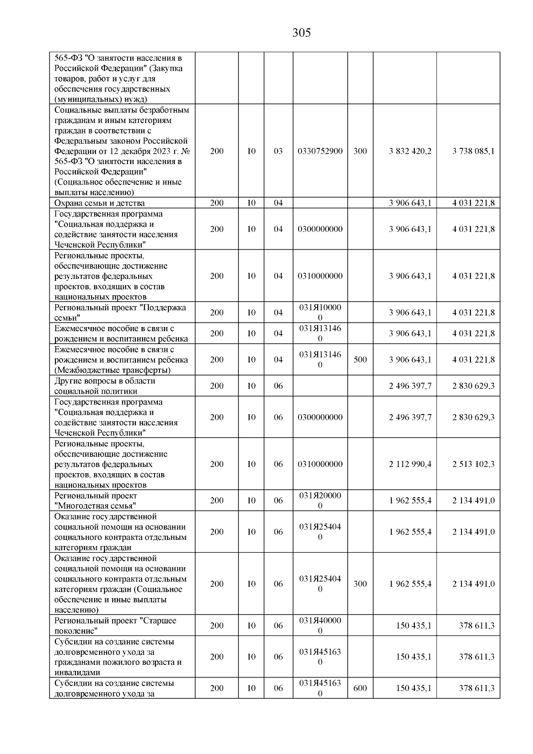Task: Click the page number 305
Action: pos(302,33)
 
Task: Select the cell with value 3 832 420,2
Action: pos(410,151)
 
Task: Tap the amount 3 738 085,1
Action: pos(473,151)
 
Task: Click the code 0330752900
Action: pos(320,151)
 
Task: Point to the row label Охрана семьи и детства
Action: pos(99,203)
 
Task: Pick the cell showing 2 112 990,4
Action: pos(410,464)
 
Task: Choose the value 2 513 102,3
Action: pos(473,464)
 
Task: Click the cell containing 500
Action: pos(360,359)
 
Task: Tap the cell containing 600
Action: pos(360,688)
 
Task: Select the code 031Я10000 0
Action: pos(320,313)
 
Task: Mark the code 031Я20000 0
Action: pos(320,501)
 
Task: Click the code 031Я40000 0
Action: pos(320,626)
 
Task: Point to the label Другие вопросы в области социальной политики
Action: pos(105,386)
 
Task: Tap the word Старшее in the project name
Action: pos(159,621)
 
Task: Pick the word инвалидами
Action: pos(76,673)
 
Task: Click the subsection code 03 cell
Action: pos(278,151)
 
